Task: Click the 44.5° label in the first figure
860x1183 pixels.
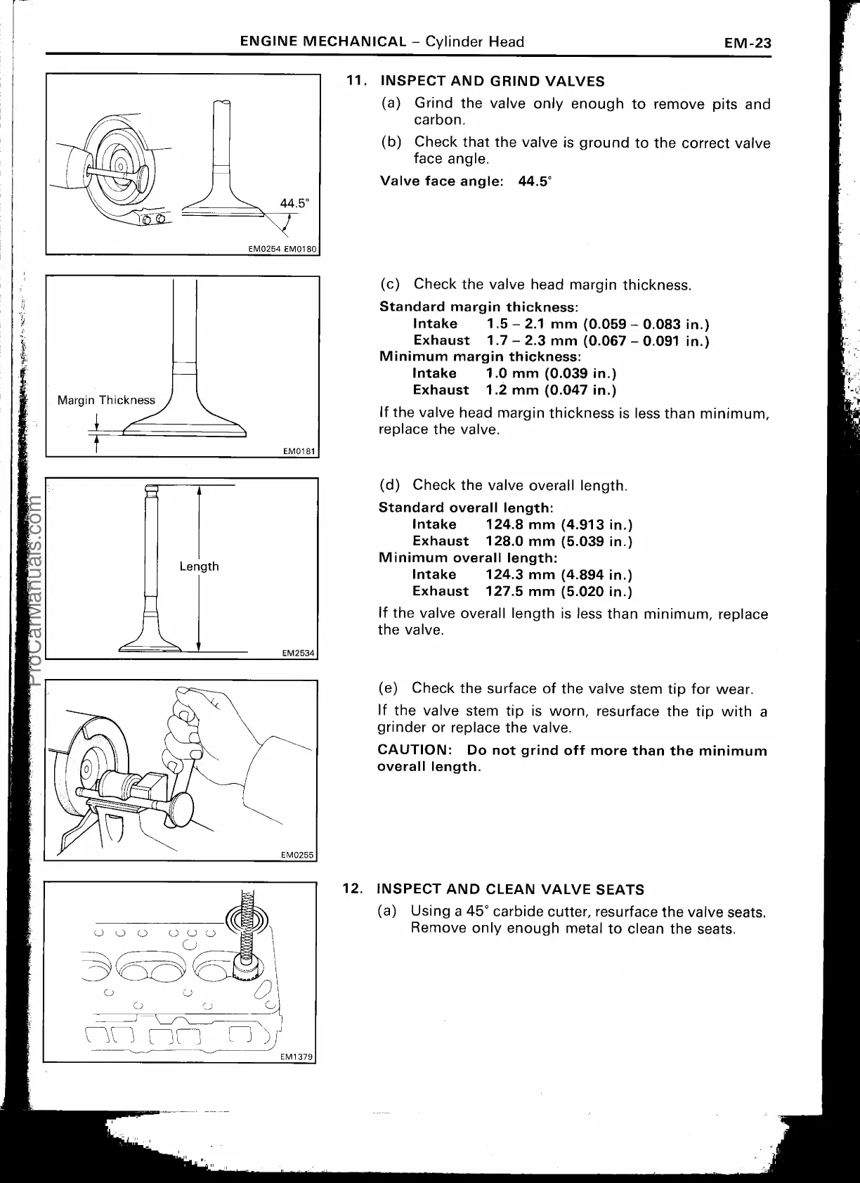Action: [x=294, y=203]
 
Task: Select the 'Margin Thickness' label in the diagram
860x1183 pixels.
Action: [x=106, y=400]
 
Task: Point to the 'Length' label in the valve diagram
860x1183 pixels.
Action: [x=199, y=567]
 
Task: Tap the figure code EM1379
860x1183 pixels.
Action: [x=297, y=1056]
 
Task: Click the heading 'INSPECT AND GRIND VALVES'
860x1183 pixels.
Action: [x=492, y=82]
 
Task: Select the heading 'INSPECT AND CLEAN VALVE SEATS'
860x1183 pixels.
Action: [x=510, y=890]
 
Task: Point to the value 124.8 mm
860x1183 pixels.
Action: [x=520, y=524]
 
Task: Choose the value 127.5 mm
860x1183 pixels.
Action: [x=520, y=591]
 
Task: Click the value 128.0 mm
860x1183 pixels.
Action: [x=520, y=541]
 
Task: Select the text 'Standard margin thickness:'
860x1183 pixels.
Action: [x=478, y=307]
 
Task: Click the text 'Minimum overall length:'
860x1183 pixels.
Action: [x=468, y=558]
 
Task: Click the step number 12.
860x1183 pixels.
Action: [x=352, y=888]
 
